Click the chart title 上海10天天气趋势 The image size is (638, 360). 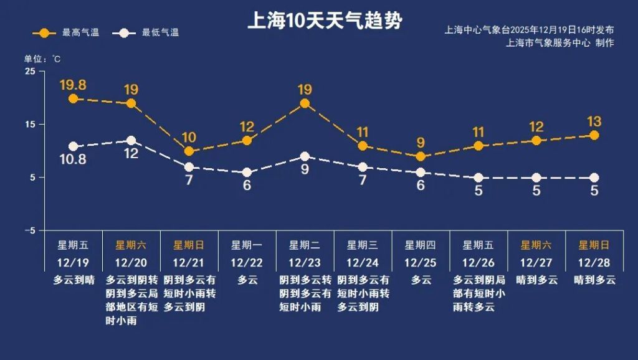(x=325, y=21)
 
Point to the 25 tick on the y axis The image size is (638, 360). (x=31, y=71)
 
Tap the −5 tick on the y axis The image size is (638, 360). (x=29, y=230)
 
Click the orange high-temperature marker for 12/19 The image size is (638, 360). (x=73, y=98)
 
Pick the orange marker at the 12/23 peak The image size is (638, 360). (x=305, y=103)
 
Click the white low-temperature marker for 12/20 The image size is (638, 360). (x=131, y=141)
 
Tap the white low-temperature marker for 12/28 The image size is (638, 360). (x=594, y=178)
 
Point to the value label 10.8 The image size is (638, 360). (x=73, y=159)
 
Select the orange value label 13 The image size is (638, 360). (x=594, y=121)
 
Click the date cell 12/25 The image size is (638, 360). (x=421, y=262)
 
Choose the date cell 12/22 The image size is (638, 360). (x=247, y=262)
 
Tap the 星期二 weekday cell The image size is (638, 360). (x=305, y=245)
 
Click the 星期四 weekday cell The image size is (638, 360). (x=421, y=245)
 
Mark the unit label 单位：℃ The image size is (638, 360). (x=42, y=59)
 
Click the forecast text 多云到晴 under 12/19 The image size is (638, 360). (x=73, y=280)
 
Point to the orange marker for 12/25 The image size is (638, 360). (x=421, y=156)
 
